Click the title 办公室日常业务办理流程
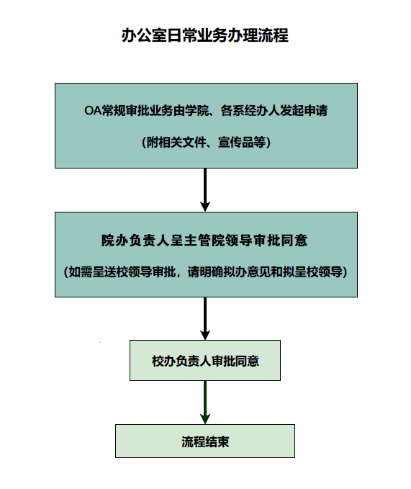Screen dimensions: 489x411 tap(205, 35)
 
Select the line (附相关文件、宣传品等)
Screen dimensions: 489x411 tap(206, 142)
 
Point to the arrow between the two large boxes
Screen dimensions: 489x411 tap(205, 189)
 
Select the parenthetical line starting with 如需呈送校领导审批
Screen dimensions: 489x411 tap(206, 272)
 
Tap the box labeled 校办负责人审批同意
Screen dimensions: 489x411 tap(205, 360)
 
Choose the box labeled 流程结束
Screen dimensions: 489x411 tap(205, 441)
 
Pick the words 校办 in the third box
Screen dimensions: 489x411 tap(163, 360)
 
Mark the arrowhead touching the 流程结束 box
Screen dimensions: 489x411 tap(205, 419)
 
